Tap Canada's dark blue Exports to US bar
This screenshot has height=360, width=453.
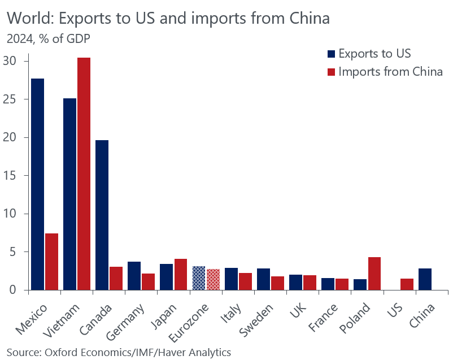(x=102, y=215)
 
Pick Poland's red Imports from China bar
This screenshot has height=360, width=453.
(x=374, y=274)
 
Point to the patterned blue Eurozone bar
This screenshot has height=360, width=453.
(x=198, y=278)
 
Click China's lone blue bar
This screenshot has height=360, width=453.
(x=425, y=279)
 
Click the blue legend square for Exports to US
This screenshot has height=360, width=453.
(x=331, y=54)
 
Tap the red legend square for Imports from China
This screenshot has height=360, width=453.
(x=331, y=72)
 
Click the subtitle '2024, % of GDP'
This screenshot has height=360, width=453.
(x=47, y=39)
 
